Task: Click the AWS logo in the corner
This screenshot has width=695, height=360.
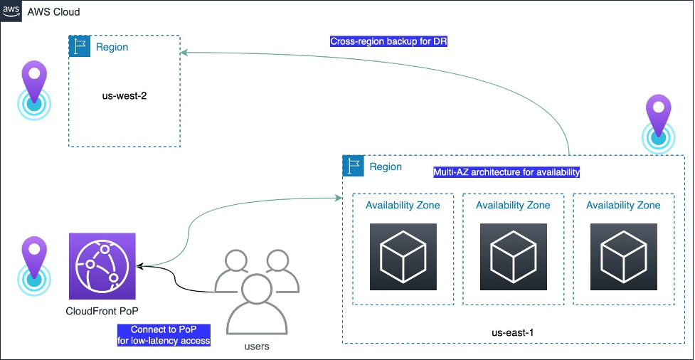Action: tap(11, 11)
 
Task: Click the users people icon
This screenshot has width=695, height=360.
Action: tap(253, 292)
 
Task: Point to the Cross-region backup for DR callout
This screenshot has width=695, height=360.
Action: tap(388, 41)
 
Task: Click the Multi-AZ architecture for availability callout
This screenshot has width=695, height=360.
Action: tap(506, 172)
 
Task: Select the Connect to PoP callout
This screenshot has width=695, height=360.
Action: tap(164, 335)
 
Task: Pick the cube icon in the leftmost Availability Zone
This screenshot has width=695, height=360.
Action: tap(403, 256)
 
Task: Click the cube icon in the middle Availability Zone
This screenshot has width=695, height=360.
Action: tap(513, 256)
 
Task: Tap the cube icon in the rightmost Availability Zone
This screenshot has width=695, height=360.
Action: tap(623, 256)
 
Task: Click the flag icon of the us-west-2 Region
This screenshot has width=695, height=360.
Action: tap(78, 47)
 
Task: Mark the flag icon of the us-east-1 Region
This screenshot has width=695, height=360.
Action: tap(354, 166)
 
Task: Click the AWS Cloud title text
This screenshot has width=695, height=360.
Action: tap(54, 12)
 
